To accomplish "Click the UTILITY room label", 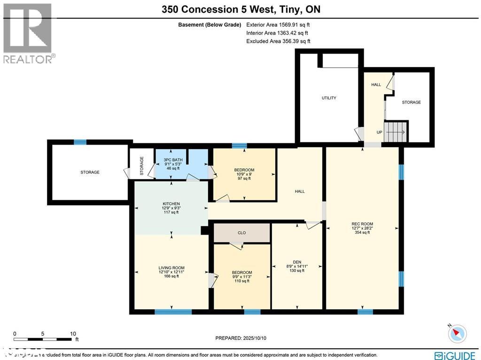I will coord(329,98).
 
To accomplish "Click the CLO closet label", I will coord(242,233).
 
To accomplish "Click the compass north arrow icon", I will coord(456,334).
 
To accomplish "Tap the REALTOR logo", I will coord(28,33).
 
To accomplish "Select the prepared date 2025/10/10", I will coord(244,338).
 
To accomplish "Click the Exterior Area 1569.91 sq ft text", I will coord(278,24).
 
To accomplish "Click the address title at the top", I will coord(241,9).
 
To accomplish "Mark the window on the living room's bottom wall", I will coord(173,312).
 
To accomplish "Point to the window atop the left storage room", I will coord(80,142).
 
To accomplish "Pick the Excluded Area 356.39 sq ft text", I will coord(278,41).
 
